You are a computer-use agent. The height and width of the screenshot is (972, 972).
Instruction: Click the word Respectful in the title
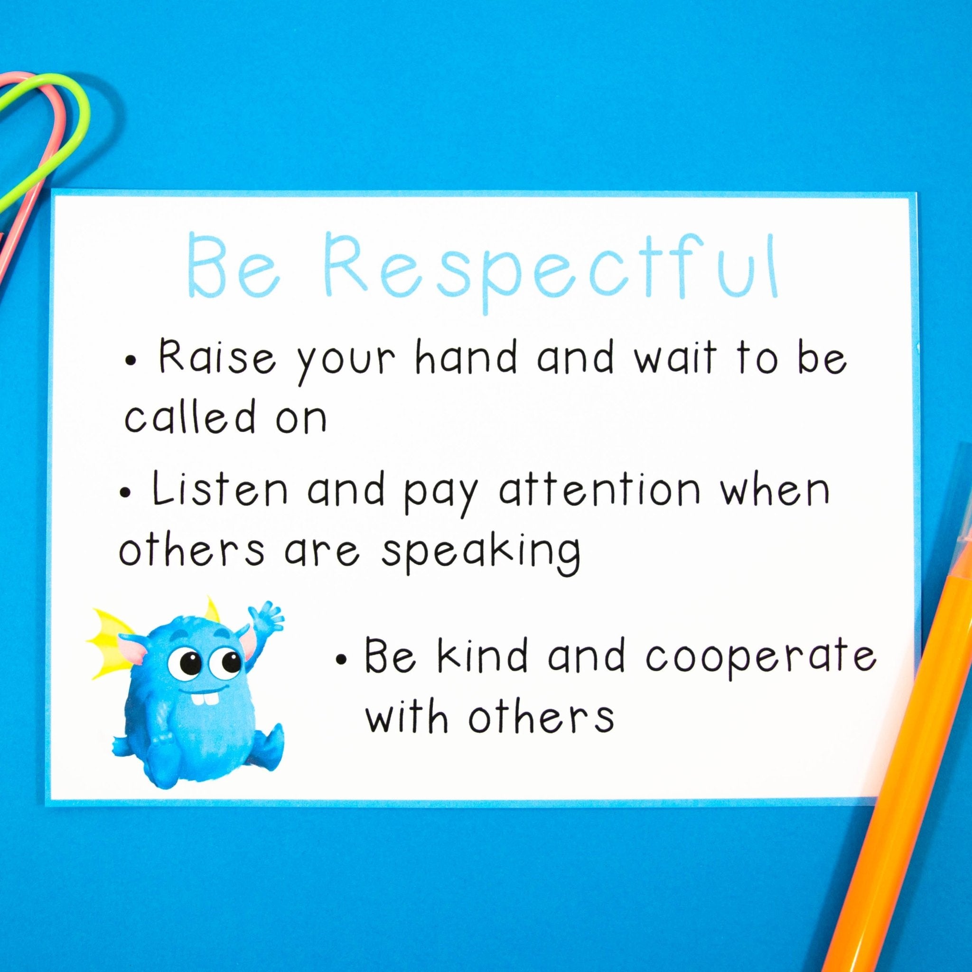(x=553, y=271)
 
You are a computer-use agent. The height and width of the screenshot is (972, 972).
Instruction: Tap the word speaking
(x=480, y=551)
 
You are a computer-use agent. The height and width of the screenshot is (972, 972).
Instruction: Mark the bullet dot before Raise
(x=131, y=361)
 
